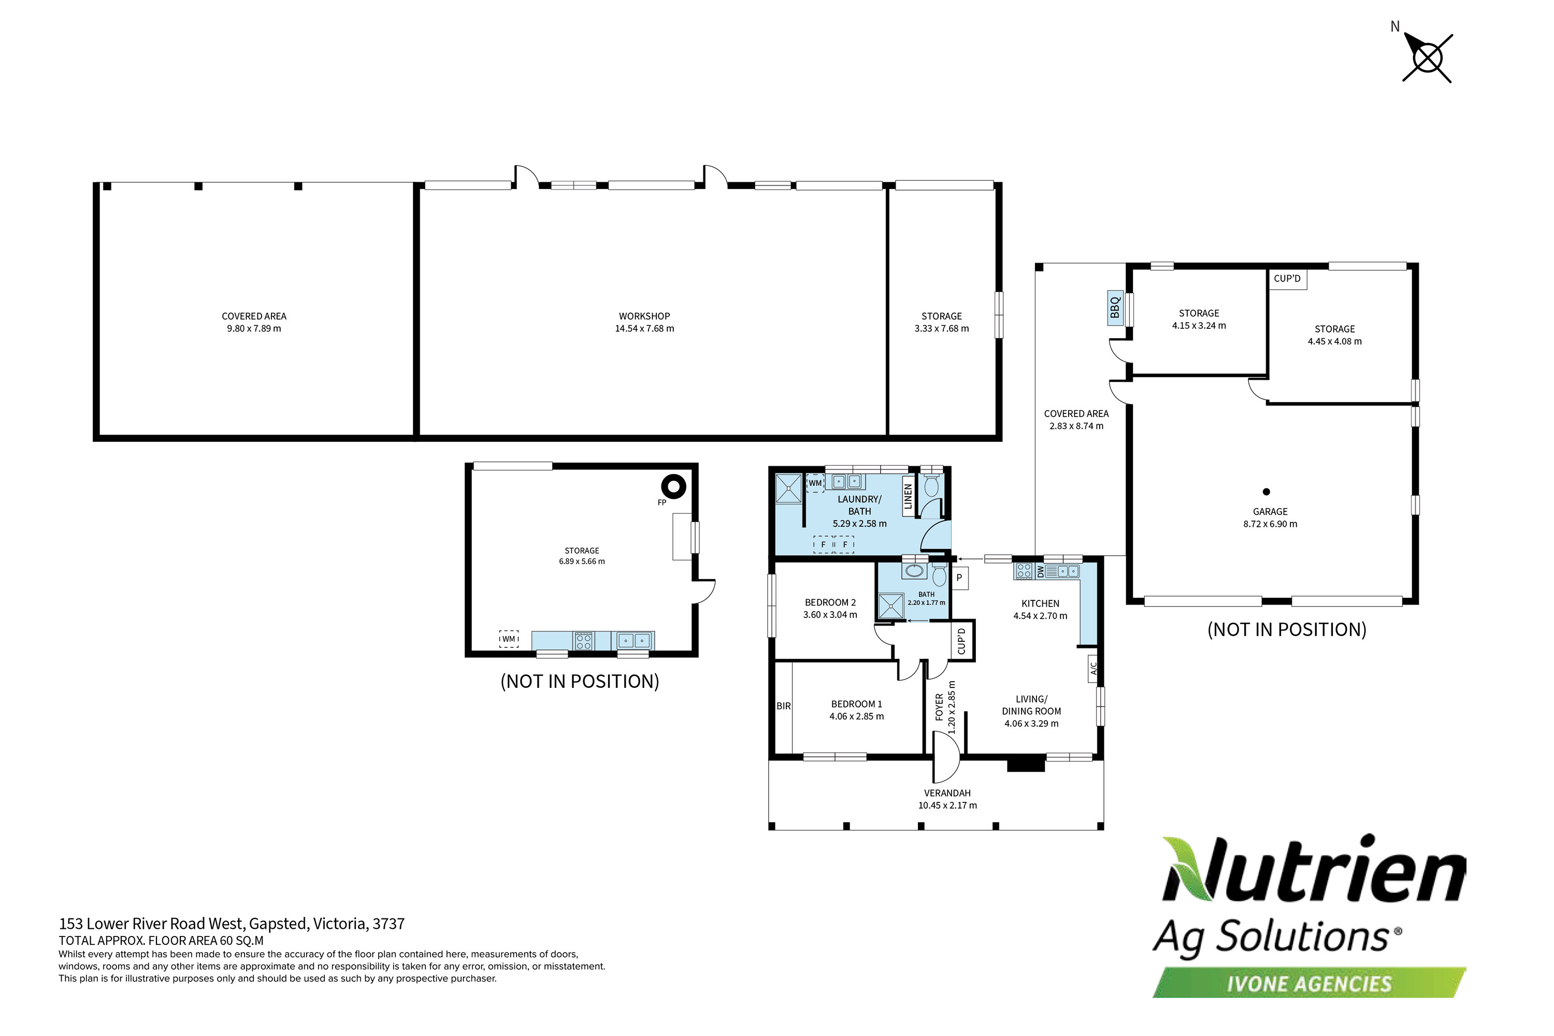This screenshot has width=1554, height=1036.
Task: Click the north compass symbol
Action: pyautogui.click(x=1428, y=58)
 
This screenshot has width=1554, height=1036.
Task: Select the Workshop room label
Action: pyautogui.click(x=644, y=316)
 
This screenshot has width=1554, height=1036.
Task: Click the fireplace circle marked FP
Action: pyautogui.click(x=673, y=487)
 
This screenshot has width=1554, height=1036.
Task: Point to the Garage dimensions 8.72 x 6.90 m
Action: pyautogui.click(x=1270, y=524)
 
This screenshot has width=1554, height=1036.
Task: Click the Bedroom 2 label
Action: pyautogui.click(x=830, y=602)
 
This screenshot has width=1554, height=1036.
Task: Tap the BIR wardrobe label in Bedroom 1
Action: pyautogui.click(x=784, y=707)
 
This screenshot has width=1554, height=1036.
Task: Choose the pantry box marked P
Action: pyautogui.click(x=959, y=578)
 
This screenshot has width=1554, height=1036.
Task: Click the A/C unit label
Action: pyautogui.click(x=1093, y=668)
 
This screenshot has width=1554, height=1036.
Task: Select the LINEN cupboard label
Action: pyautogui.click(x=909, y=496)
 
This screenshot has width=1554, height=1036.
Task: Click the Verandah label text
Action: pyautogui.click(x=947, y=793)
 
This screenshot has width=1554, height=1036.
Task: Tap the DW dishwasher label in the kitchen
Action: pyautogui.click(x=1040, y=571)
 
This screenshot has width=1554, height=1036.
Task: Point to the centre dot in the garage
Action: pyautogui.click(x=1266, y=492)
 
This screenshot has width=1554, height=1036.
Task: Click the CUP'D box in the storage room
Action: pyautogui.click(x=1287, y=279)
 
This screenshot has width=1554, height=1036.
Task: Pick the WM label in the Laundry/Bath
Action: pyautogui.click(x=815, y=483)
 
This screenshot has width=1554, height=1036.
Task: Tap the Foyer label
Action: pyautogui.click(x=940, y=707)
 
